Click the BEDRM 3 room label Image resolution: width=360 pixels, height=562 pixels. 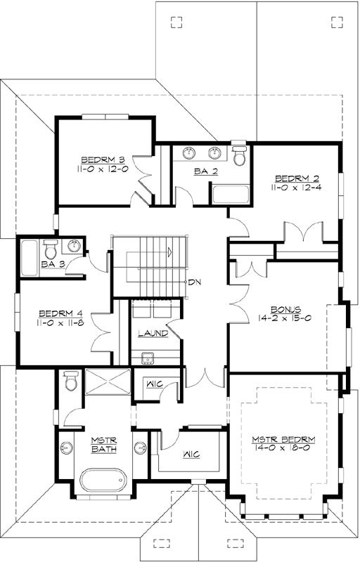pos(103,159)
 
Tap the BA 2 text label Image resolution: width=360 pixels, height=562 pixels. pos(203,171)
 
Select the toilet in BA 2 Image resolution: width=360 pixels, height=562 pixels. pos(239,155)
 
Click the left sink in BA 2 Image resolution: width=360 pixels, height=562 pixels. pos(191,152)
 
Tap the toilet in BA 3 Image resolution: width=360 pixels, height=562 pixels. pos(51,249)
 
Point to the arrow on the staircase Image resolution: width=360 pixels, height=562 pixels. pos(169,251)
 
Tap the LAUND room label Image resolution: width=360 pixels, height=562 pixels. pos(153,333)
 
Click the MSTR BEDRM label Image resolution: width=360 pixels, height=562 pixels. pos(283,440)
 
